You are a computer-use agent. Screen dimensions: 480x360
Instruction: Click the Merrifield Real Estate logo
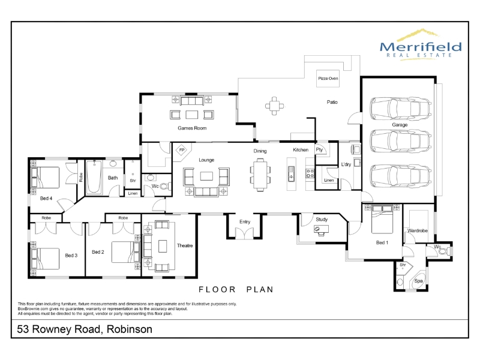(x=421, y=44)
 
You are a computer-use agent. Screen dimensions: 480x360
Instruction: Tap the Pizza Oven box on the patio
(x=328, y=79)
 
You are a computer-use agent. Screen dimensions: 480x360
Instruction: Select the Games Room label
(x=192, y=128)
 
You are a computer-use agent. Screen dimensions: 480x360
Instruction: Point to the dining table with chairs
(x=260, y=175)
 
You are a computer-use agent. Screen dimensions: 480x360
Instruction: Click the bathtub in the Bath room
(x=94, y=177)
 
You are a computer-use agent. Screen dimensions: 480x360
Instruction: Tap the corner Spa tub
(x=418, y=280)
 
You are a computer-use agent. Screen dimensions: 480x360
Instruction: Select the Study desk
(x=321, y=230)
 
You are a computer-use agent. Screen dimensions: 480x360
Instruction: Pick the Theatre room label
(x=185, y=245)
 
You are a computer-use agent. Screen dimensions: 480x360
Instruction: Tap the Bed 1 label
(x=382, y=242)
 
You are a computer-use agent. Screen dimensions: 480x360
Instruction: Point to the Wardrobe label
(x=417, y=230)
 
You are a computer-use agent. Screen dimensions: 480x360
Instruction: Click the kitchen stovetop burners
(x=310, y=173)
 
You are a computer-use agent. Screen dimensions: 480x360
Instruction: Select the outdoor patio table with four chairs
(x=274, y=106)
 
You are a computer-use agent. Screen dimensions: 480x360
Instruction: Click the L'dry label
(x=346, y=164)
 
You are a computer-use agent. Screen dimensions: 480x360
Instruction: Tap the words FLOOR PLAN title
(x=236, y=289)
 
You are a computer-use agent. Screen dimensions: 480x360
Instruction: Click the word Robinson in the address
(x=130, y=329)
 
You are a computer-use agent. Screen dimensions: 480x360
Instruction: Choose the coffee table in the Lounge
(x=206, y=176)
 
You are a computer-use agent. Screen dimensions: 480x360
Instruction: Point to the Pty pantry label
(x=319, y=149)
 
